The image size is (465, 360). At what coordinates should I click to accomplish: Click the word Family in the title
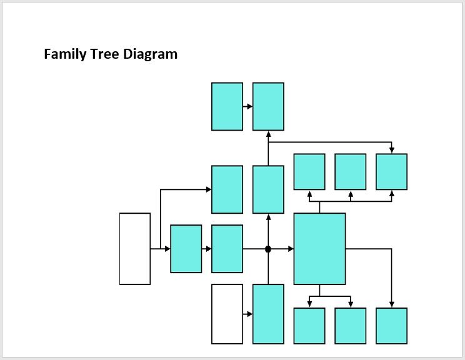click(65, 54)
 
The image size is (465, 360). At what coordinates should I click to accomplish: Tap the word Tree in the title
click(104, 54)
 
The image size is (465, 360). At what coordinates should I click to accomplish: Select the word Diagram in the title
click(150, 54)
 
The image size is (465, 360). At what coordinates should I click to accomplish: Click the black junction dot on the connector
click(268, 249)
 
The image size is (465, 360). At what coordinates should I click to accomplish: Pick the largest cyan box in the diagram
click(320, 249)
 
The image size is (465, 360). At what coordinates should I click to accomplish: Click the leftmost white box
click(135, 249)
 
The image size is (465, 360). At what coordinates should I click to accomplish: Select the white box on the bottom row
click(227, 314)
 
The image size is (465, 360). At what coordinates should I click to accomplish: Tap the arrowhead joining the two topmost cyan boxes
click(250, 106)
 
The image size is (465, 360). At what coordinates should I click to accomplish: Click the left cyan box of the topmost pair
click(227, 106)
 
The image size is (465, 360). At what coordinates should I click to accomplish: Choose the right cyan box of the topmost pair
click(268, 106)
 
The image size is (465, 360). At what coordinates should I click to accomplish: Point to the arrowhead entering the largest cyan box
click(291, 249)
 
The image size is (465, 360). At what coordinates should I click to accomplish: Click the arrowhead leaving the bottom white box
click(250, 314)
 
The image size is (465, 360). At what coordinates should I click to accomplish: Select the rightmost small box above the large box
click(391, 172)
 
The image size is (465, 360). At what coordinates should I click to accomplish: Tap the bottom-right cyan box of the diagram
click(391, 326)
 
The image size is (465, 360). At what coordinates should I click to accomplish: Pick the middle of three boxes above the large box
click(351, 172)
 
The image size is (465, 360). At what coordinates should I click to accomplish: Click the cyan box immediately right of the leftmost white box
click(186, 249)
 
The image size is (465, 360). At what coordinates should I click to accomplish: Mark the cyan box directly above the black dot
click(268, 189)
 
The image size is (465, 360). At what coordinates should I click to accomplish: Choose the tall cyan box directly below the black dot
click(268, 314)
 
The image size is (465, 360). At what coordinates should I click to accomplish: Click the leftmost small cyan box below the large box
click(309, 326)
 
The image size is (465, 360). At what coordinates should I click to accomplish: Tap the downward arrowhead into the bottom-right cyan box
click(391, 305)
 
